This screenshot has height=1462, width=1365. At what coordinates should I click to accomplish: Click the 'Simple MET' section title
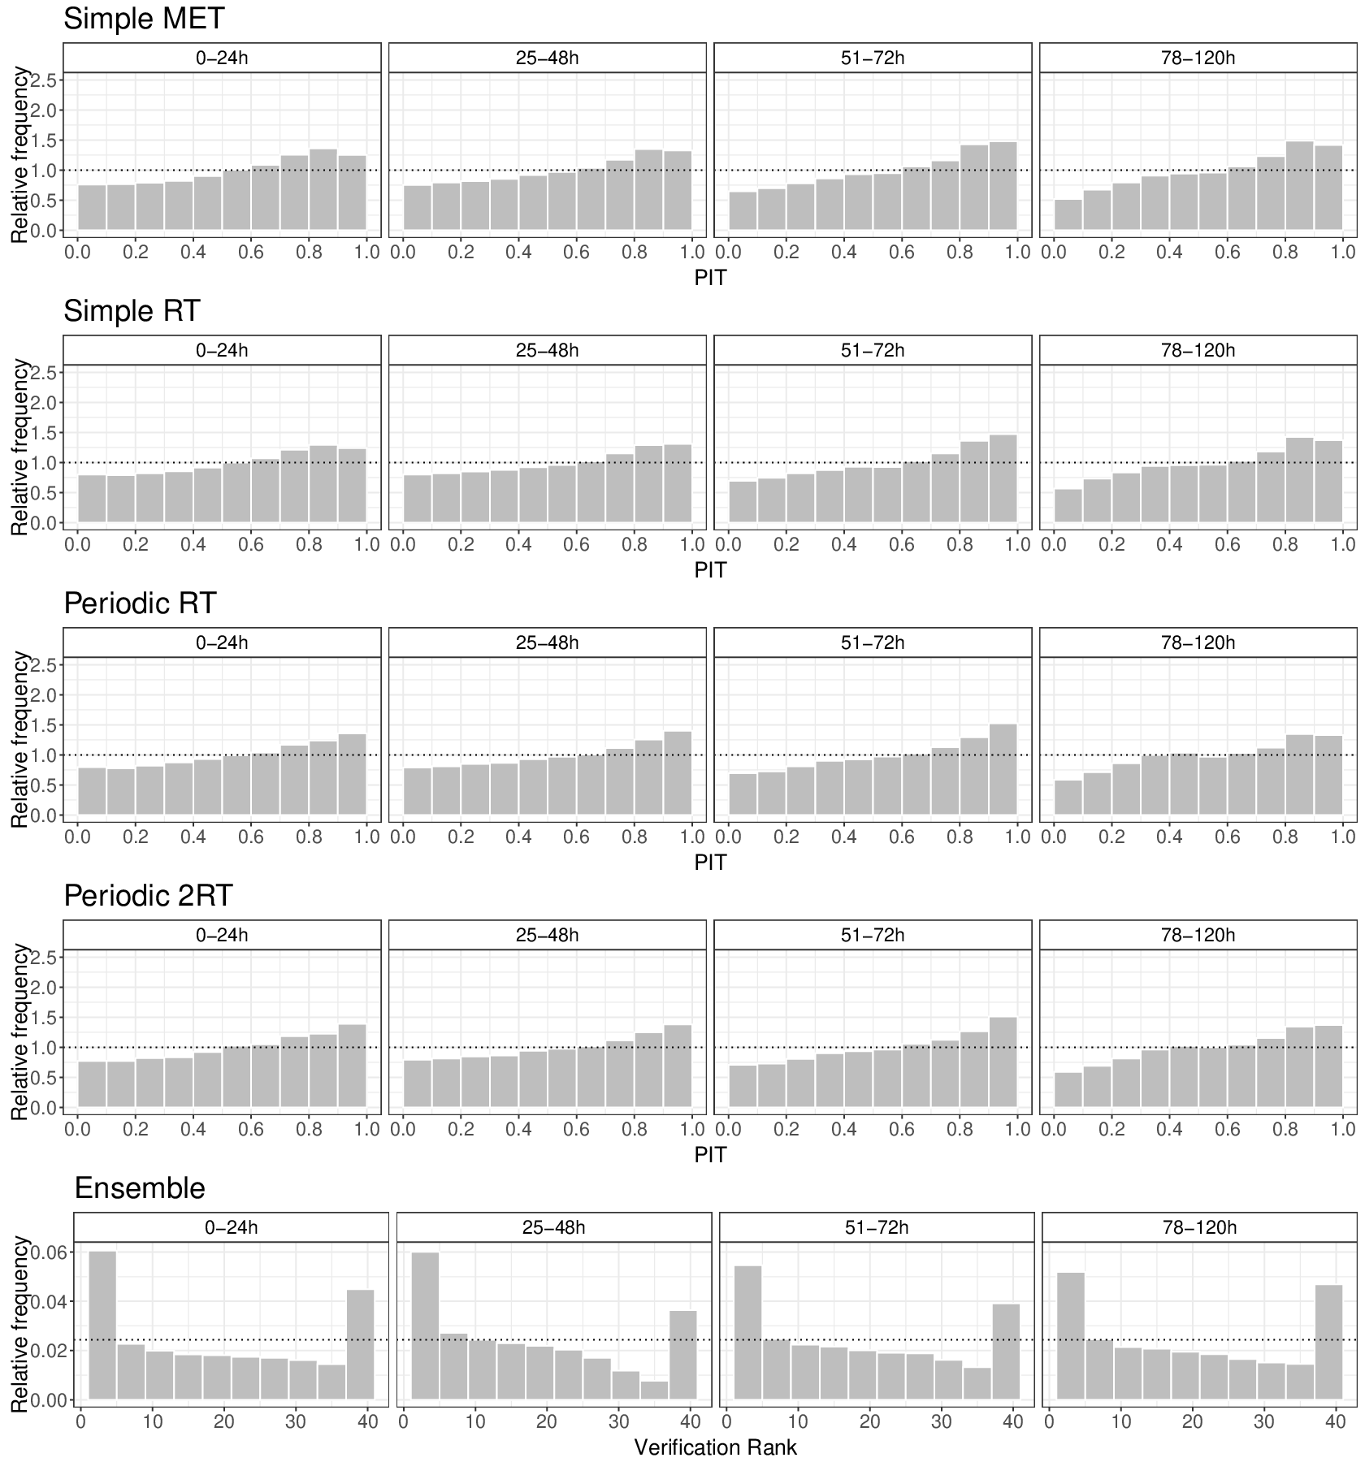point(144,19)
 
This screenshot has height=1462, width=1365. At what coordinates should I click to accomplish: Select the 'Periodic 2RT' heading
point(148,896)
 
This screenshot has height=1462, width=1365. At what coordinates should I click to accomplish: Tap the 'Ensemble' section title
point(140,1188)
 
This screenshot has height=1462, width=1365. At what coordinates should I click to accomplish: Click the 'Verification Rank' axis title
point(715,1447)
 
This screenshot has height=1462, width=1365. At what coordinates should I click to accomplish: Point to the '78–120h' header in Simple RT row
point(1198,350)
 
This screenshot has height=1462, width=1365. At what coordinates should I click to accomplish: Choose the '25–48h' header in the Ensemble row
point(553,1226)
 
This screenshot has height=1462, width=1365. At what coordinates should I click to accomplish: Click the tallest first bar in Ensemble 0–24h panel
point(102,1325)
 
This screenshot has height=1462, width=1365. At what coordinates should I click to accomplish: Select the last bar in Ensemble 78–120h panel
point(1328,1342)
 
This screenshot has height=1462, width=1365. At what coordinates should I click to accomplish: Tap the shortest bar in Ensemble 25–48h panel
point(654,1390)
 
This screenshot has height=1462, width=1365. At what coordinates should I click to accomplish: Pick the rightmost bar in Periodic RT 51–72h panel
point(1003,769)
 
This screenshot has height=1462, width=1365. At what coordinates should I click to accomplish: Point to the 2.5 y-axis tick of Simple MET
point(45,80)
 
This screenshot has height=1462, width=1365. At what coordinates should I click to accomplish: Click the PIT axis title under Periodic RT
point(710,863)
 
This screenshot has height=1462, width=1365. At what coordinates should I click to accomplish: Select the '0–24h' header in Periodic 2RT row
point(222,935)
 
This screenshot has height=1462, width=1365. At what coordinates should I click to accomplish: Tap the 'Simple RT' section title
point(132,311)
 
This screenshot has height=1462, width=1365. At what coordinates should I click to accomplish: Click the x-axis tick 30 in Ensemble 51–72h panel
point(941,1421)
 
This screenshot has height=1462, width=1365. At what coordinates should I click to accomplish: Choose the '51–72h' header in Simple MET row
point(873,58)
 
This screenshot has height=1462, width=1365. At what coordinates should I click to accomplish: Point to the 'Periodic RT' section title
point(140,603)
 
